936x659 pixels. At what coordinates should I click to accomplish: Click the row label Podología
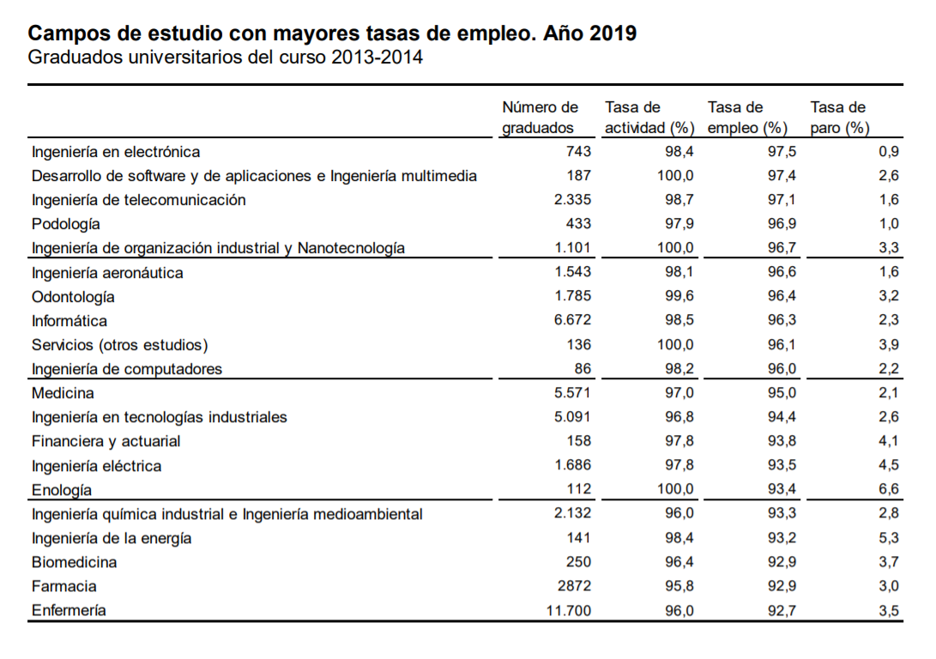coord(66,224)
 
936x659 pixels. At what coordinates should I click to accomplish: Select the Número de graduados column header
coord(540,118)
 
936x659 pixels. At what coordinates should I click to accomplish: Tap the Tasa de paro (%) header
coord(839,118)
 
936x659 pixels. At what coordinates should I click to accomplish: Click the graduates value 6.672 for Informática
coord(572,321)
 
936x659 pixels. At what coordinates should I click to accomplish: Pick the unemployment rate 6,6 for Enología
coord(889,489)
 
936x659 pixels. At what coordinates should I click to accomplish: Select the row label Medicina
coord(63,393)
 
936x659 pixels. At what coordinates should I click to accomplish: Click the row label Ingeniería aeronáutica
coord(107,273)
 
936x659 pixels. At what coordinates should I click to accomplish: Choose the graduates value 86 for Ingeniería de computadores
coord(583,369)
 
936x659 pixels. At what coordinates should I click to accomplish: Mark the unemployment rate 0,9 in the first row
coord(889,152)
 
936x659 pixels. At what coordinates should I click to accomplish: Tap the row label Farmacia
coord(63,586)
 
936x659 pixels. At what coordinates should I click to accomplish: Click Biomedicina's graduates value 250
coord(578,562)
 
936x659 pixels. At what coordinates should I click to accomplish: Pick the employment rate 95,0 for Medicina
coord(781,393)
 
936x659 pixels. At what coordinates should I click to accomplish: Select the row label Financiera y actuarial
coord(106,441)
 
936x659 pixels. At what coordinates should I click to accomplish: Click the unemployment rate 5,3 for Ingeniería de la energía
coord(889,538)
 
